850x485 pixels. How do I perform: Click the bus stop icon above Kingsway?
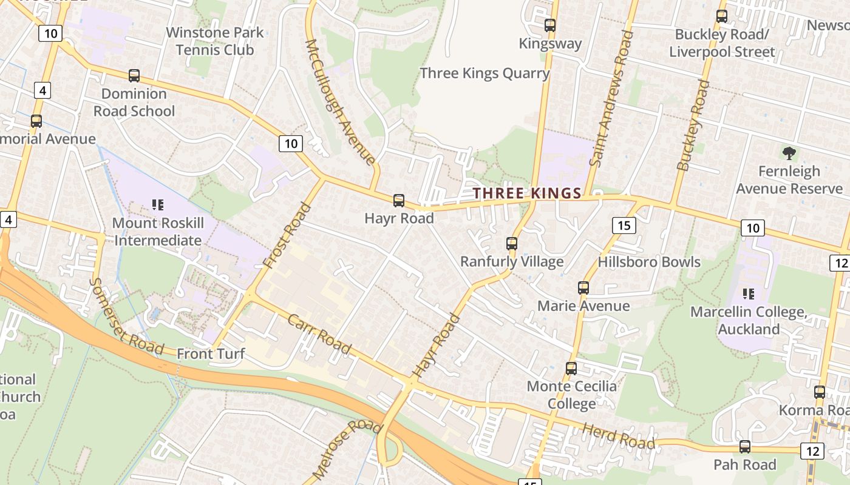[550, 25]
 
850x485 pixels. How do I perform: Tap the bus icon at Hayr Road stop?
[399, 201]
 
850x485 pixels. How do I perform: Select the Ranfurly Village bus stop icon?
[512, 244]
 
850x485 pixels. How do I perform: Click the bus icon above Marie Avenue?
[583, 288]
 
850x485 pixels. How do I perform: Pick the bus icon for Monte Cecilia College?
[571, 369]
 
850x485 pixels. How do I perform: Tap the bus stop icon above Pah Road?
[745, 447]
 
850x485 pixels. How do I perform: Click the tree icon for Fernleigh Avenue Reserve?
[789, 153]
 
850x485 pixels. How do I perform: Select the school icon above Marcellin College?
[749, 294]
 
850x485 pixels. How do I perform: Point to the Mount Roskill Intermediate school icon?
[158, 205]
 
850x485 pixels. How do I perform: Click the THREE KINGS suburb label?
[527, 193]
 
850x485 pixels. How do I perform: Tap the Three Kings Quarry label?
[484, 73]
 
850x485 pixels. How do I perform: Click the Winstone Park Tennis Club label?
[215, 41]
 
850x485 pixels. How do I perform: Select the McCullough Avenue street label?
[340, 102]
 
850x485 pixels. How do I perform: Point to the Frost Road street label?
[288, 236]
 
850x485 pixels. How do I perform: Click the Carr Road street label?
[319, 334]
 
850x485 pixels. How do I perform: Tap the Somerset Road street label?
[126, 316]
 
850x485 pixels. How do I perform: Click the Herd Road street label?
[619, 436]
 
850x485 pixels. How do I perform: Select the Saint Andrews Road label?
[611, 98]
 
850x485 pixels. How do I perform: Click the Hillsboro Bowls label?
[649, 262]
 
